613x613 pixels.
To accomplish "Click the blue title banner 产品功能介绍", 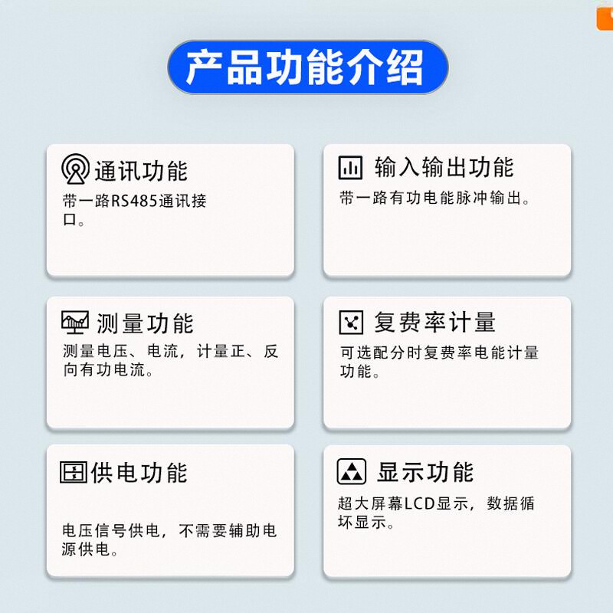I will coord(306,67).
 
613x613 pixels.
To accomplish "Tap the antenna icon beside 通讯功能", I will coord(75,169).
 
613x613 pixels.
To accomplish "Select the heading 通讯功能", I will coord(141,170).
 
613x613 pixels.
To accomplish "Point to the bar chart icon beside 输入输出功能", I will coord(351,167).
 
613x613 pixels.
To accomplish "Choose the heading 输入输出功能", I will coord(444,167).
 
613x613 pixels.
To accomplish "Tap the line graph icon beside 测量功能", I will coord(75,321).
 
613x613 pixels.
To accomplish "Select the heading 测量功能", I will coord(146,323).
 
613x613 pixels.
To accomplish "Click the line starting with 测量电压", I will coord(170,352).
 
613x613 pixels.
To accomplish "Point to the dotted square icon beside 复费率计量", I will coord(351,322).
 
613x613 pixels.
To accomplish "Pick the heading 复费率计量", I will coord(434,322).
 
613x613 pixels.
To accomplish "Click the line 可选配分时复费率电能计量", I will coord(439,352).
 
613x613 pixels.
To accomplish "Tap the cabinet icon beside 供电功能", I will coord(73,471).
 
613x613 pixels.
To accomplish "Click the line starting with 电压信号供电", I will coord(169,530).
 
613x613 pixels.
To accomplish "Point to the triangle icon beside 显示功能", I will coord(351,470).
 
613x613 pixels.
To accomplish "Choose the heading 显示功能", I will coord(425,471).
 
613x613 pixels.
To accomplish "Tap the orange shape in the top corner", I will coord(605,15).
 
